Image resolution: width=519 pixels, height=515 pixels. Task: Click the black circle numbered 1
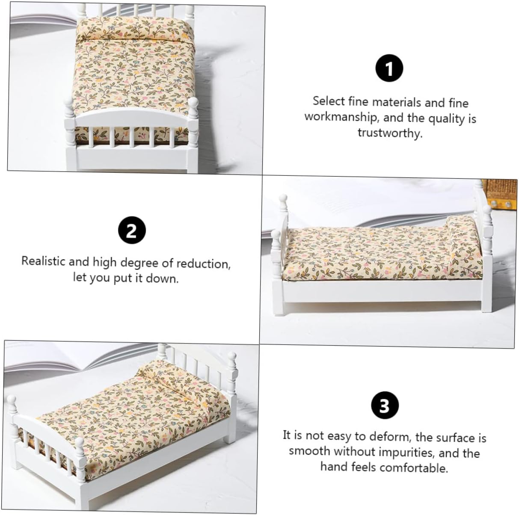(389, 68)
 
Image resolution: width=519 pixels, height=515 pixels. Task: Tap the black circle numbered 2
(132, 230)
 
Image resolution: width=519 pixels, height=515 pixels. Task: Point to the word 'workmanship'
(340, 117)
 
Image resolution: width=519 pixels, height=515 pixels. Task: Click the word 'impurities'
(406, 452)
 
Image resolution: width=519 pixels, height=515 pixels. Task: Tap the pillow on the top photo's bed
(135, 29)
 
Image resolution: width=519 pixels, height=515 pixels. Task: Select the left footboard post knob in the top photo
(68, 104)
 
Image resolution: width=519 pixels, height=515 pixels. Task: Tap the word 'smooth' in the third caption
(309, 451)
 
